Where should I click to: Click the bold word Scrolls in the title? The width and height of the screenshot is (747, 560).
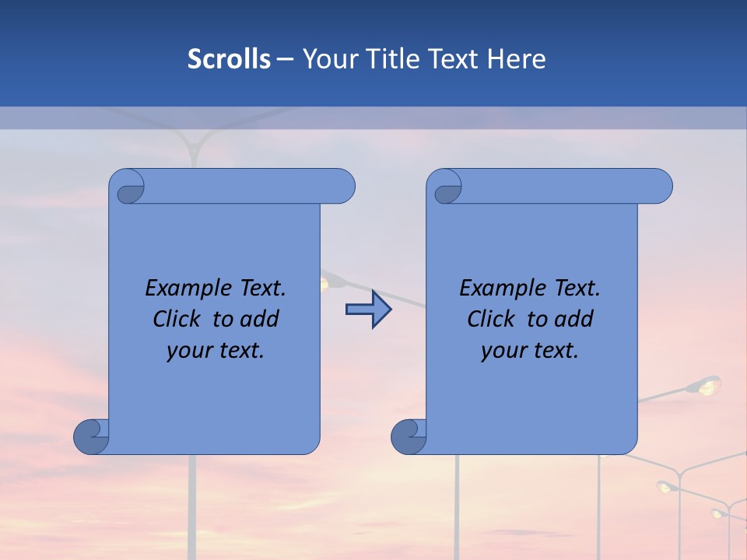coord(230,58)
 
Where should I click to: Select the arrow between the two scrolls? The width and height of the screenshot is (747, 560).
coord(368,310)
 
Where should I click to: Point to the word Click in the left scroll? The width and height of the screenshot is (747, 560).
coord(180,319)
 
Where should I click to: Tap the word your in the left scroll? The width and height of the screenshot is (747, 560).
coord(189,351)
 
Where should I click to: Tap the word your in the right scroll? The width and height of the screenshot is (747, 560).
coord(503,351)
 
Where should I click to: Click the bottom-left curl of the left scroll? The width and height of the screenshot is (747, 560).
coord(91,436)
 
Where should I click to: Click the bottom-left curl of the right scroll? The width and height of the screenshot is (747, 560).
coord(409,436)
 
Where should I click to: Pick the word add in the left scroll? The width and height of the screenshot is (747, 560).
coord(260,319)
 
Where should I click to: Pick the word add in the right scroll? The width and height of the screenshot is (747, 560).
coord(574,319)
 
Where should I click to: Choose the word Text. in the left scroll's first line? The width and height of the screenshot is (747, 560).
coord(261,288)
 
